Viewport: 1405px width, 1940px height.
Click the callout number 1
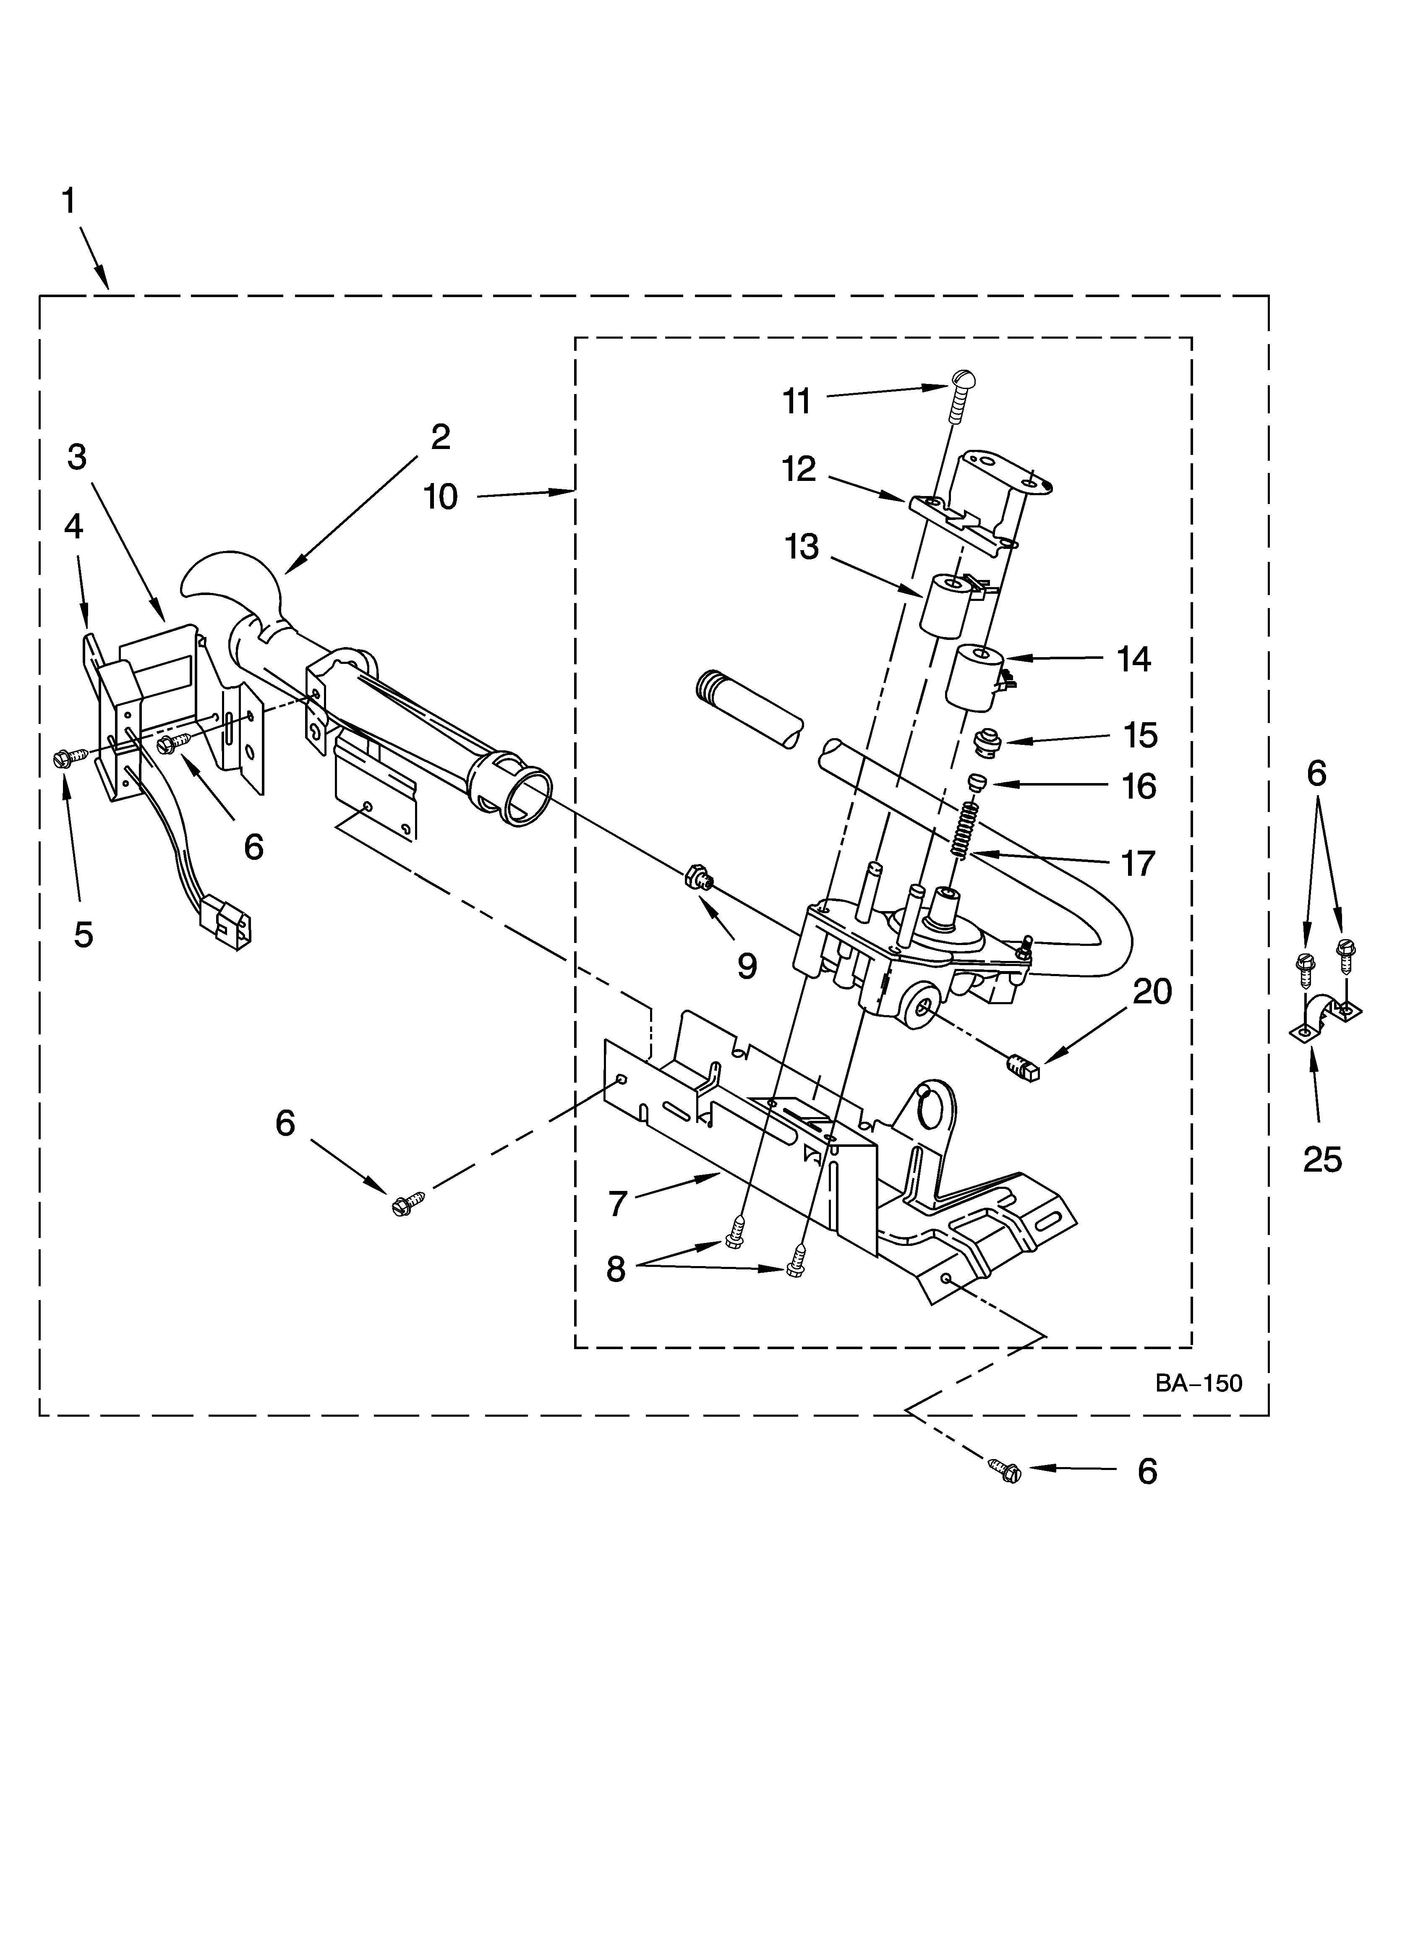pyautogui.click(x=68, y=202)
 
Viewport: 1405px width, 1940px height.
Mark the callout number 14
pyautogui.click(x=1135, y=660)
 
